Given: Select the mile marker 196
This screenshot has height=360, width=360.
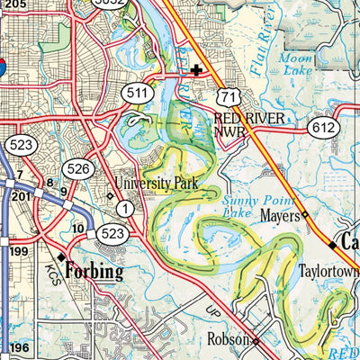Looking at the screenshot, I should [x=10, y=347].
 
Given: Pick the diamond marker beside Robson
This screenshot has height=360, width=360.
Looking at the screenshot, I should [x=256, y=342].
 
